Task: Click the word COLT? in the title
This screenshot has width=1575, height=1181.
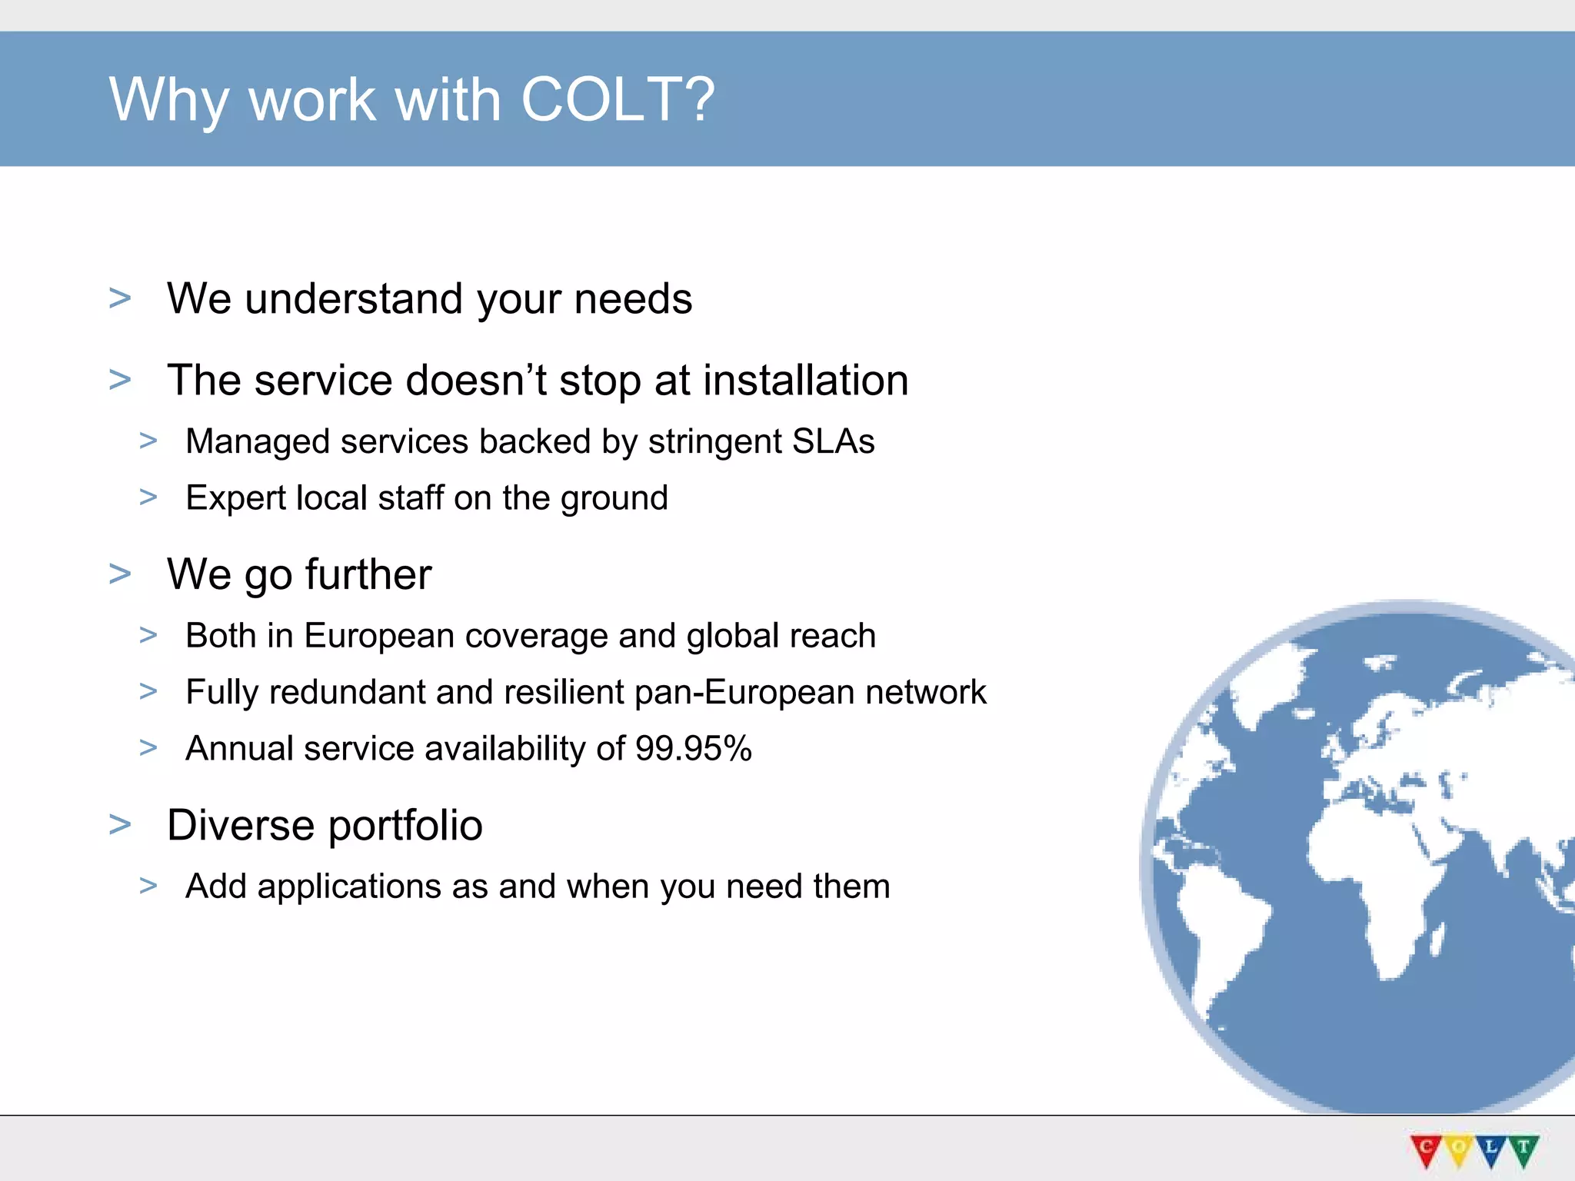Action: point(618,100)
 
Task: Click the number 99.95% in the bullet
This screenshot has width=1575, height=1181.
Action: point(693,748)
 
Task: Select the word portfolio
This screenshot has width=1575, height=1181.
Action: point(405,825)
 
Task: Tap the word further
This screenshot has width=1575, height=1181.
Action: point(368,574)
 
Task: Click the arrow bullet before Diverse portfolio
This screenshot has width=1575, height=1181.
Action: point(120,824)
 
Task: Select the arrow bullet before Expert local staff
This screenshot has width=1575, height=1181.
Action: point(148,497)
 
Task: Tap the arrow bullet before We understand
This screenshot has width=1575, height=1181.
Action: point(120,298)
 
